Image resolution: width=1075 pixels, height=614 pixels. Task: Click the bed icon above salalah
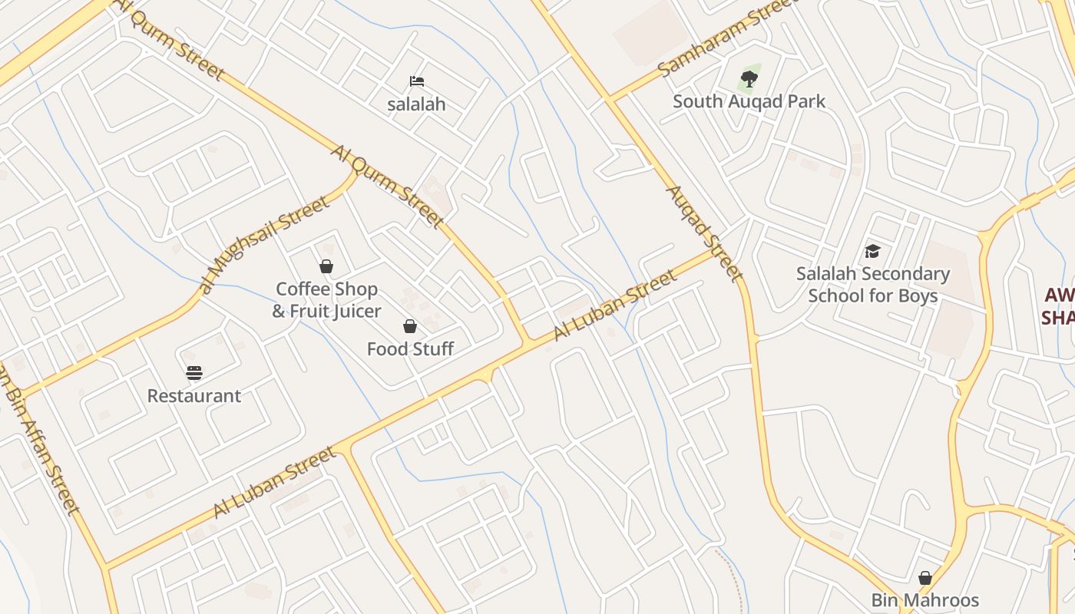pos(417,81)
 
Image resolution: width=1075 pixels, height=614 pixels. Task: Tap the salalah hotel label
pos(416,104)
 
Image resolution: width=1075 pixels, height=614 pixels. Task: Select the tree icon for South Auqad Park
pos(749,78)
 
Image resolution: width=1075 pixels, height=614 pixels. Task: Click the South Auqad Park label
pos(749,101)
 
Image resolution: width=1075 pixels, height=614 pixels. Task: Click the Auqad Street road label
pos(704,233)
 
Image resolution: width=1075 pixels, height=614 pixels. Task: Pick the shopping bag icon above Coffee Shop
pos(326,266)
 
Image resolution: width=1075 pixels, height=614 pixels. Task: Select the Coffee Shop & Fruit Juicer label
pos(326,300)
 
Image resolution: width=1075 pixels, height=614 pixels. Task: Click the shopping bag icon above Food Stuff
pos(410,326)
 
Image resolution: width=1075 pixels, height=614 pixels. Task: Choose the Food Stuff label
pos(410,349)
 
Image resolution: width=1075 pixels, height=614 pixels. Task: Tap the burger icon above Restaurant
pos(194,373)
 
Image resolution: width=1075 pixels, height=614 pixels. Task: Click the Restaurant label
pos(194,396)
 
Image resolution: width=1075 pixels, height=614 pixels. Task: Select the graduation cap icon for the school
pos(872,251)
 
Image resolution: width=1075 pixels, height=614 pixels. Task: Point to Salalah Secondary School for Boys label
pos(872,285)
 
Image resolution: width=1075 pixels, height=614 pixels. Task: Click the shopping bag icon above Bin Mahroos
pos(925,577)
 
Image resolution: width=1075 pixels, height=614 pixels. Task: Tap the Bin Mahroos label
pos(925,600)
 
